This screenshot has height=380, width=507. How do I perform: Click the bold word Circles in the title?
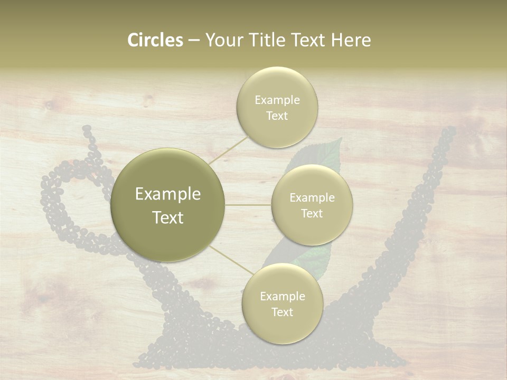[155, 40]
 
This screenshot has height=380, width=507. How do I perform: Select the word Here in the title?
[351, 40]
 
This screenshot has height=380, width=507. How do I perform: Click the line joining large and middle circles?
[248, 205]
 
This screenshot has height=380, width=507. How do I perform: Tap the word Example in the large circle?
[167, 194]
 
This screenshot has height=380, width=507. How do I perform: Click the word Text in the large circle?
[167, 217]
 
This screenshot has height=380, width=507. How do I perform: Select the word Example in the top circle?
[277, 100]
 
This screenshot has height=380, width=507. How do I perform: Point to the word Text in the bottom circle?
[282, 312]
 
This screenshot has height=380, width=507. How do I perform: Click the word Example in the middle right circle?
[312, 198]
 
